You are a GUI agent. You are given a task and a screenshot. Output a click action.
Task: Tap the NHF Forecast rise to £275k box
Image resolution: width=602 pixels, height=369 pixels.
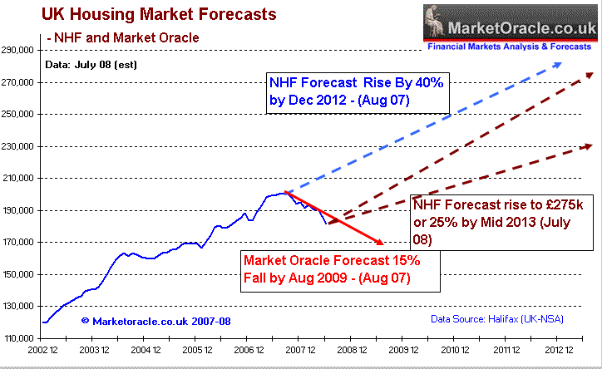(x=501, y=219)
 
